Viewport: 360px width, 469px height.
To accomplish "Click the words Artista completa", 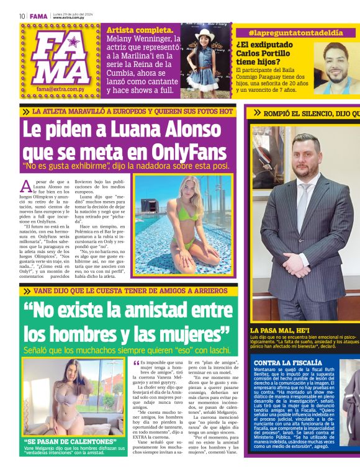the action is [140, 29].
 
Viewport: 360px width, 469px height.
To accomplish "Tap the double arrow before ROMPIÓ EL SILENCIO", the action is [257, 113].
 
